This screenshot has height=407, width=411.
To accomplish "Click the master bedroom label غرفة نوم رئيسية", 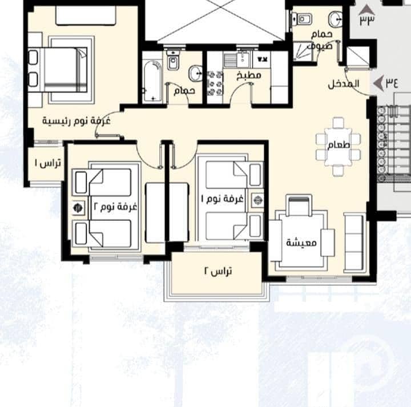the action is pos(76,121).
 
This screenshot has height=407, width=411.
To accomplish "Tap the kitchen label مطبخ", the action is pos(249,76).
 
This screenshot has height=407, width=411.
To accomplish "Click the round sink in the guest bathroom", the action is pos(335,19).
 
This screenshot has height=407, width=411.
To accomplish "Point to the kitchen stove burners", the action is pos(215,84).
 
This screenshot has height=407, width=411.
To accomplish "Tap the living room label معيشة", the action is pos(301,243).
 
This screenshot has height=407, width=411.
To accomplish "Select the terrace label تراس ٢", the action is pos(218,271).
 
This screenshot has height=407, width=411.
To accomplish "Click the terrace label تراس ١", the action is pos(48,163).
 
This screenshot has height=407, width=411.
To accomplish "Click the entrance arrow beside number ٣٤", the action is pos(378,83).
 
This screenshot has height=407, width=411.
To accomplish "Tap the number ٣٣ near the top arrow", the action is pos(367,21).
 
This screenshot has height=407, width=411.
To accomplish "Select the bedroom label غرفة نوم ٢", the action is pos(115,206).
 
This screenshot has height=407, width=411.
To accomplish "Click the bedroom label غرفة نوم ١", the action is pos(222,199).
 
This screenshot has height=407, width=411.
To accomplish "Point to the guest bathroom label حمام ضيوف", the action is pos(321,40).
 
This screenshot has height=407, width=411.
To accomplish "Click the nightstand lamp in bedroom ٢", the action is pos(78,208).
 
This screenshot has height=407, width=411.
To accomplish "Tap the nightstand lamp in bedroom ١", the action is pos(258,200).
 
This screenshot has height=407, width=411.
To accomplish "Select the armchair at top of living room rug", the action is pos(299,205).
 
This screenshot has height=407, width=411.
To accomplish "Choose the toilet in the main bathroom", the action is pos(172,61).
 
